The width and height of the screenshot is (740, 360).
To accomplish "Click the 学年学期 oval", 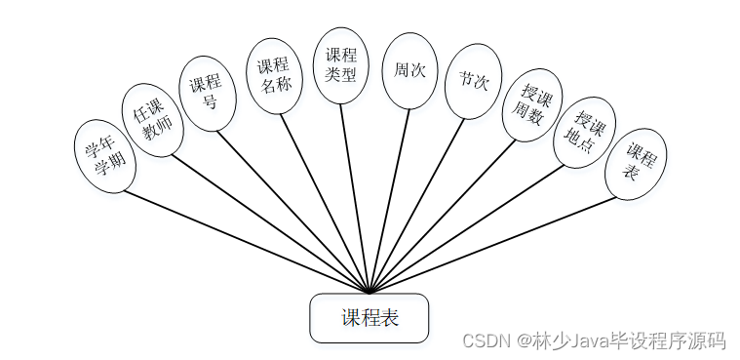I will (x=104, y=156).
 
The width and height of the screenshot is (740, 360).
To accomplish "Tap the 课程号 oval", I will (x=207, y=93).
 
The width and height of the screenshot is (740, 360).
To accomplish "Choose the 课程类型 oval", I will (x=340, y=64).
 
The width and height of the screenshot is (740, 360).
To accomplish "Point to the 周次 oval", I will (x=409, y=70).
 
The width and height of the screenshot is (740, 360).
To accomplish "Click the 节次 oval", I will (x=473, y=81).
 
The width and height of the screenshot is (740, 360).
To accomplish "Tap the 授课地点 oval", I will (x=583, y=133).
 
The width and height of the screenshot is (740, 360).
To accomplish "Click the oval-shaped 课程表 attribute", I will (x=636, y=162).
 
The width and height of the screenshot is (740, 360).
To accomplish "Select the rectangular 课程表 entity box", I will (x=369, y=318).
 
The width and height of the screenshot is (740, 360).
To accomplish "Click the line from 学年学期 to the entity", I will (x=244, y=240).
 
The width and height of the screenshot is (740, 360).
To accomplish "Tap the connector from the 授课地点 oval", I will (x=468, y=229).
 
